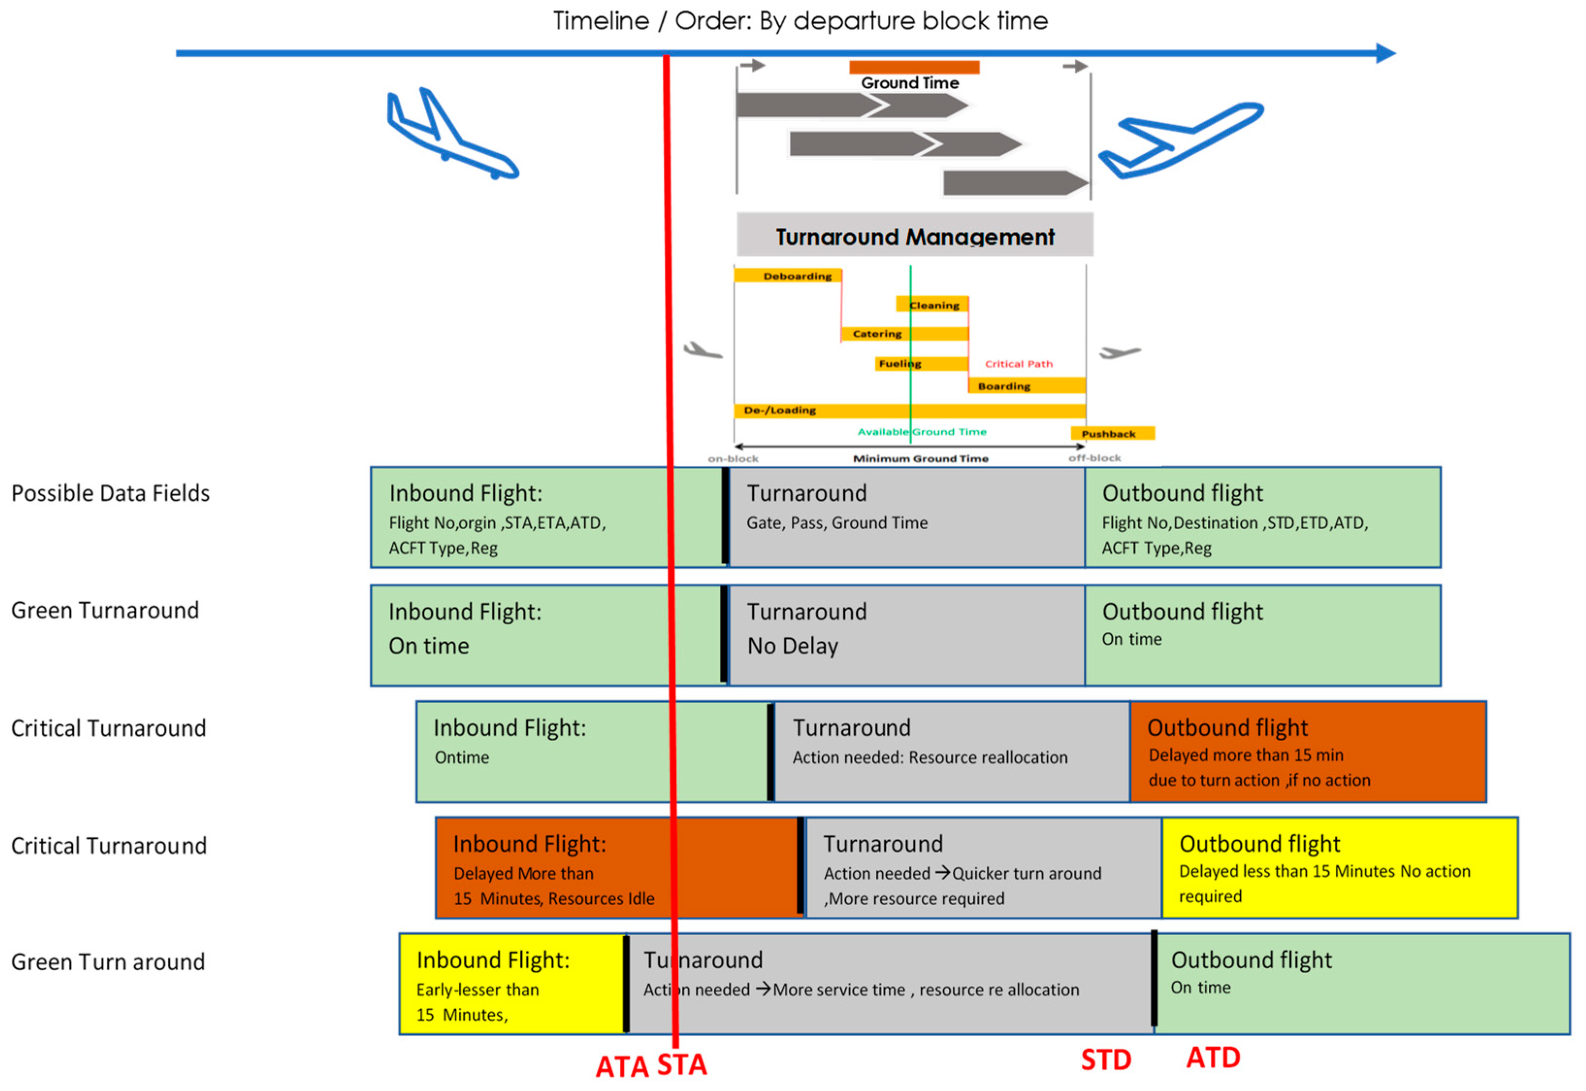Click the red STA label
(x=681, y=1065)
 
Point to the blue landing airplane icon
(x=451, y=135)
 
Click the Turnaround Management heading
(x=914, y=237)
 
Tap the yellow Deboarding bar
(x=787, y=276)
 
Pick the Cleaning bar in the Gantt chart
(x=933, y=305)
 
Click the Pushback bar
(x=1112, y=433)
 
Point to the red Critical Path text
(x=1018, y=364)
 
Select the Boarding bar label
(x=1003, y=386)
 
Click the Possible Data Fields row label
(x=111, y=493)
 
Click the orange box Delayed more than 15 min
(x=1307, y=752)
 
